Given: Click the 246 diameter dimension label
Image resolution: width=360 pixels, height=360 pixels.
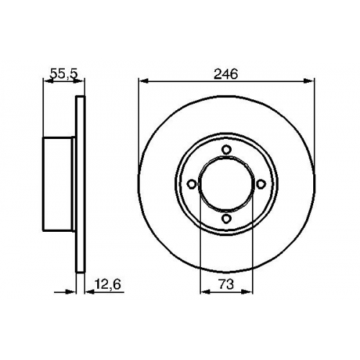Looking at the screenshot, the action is [x=225, y=74].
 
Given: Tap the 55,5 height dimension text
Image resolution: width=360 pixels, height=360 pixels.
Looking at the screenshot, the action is [x=64, y=74].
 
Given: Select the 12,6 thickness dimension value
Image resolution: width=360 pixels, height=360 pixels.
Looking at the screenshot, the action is [x=108, y=284].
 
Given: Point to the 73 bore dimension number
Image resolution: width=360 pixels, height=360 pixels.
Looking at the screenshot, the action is [x=226, y=284].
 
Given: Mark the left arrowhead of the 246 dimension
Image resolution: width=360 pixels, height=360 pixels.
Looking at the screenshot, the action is [x=143, y=81].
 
